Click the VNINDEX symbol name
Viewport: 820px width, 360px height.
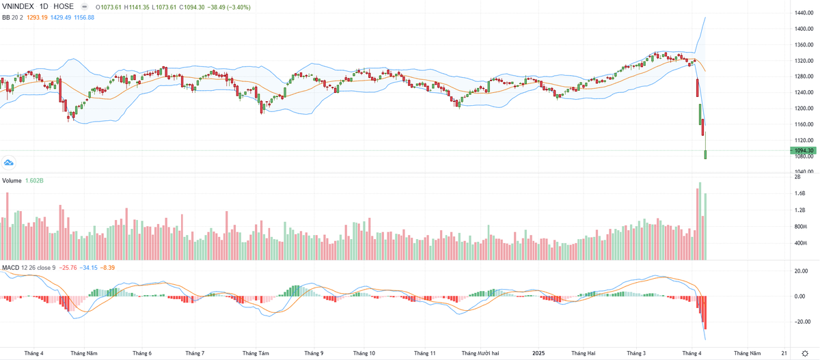(19, 5)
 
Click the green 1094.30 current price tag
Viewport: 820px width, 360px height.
(804, 150)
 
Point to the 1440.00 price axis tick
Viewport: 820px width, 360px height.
(804, 13)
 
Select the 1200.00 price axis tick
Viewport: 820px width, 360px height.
(804, 109)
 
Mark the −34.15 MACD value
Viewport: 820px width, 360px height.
(89, 267)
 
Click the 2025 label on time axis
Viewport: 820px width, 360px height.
(538, 353)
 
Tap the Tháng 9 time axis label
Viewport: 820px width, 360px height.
(314, 353)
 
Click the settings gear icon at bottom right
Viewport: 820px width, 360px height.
(805, 353)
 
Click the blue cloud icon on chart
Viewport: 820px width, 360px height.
(9, 163)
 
